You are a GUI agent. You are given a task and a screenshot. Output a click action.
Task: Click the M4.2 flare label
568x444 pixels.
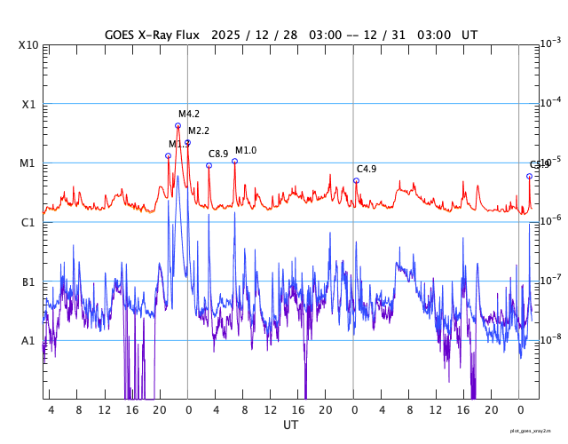pyautogui.click(x=189, y=114)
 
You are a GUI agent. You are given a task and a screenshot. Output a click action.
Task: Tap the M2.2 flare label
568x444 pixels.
pyautogui.click(x=199, y=131)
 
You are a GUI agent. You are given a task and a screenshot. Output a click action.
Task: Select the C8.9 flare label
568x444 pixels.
pyautogui.click(x=218, y=154)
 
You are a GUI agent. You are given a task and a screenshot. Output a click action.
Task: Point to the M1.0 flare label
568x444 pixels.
pyautogui.click(x=246, y=150)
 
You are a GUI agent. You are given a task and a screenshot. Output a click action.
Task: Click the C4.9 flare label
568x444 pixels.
pyautogui.click(x=367, y=169)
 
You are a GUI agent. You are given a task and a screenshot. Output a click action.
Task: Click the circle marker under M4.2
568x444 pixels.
pyautogui.click(x=177, y=125)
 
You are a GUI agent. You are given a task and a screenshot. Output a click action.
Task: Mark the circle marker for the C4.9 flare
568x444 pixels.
pyautogui.click(x=356, y=180)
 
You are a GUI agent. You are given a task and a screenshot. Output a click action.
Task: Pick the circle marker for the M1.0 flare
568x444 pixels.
pyautogui.click(x=234, y=161)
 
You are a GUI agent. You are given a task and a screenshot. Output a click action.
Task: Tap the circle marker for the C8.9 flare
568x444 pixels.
pyautogui.click(x=209, y=165)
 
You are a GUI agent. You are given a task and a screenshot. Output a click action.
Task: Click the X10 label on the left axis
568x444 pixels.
pyautogui.click(x=28, y=44)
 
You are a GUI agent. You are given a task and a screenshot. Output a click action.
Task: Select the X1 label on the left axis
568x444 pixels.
pyautogui.click(x=28, y=104)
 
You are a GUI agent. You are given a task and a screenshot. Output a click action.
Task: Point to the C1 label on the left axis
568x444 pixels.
pyautogui.click(x=28, y=222)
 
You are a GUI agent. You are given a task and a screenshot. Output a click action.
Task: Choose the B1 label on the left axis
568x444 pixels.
pyautogui.click(x=28, y=281)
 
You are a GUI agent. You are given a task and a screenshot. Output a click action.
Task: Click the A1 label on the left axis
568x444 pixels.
pyautogui.click(x=28, y=341)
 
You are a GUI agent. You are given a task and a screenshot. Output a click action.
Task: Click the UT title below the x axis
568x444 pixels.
pyautogui.click(x=290, y=425)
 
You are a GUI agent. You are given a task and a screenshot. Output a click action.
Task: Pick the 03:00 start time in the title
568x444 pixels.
pyautogui.click(x=323, y=35)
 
